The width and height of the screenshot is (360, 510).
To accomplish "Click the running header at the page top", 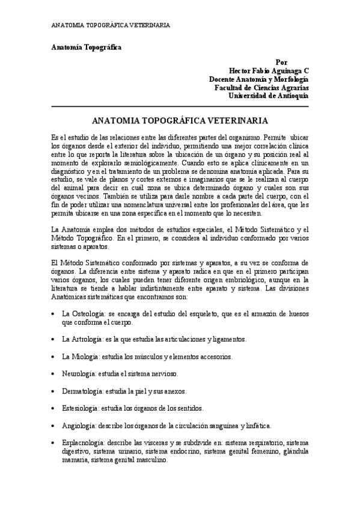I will coord(110,25).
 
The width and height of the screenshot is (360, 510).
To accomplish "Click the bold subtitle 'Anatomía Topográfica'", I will coord(86,48).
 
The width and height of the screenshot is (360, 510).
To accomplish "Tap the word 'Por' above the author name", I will coord(281,62).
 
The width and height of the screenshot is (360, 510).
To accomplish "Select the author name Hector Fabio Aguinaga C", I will coord(265,70).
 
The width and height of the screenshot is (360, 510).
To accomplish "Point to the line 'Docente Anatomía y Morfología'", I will coord(259,79).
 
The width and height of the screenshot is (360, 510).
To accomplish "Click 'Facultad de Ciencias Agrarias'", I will coord(261,87).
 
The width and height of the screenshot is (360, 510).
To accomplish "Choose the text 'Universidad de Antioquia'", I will coord(269,96).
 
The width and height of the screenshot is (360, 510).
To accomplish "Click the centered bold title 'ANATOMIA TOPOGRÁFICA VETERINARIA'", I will coord(180,120).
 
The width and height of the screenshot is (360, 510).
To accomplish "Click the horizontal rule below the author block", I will coord(180,106).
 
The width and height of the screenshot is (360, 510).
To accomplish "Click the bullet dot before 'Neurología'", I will coord(53,374).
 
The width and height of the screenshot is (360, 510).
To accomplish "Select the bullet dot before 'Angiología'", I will coord(53,426).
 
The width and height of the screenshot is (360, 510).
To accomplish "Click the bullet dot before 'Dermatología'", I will coord(53,391).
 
